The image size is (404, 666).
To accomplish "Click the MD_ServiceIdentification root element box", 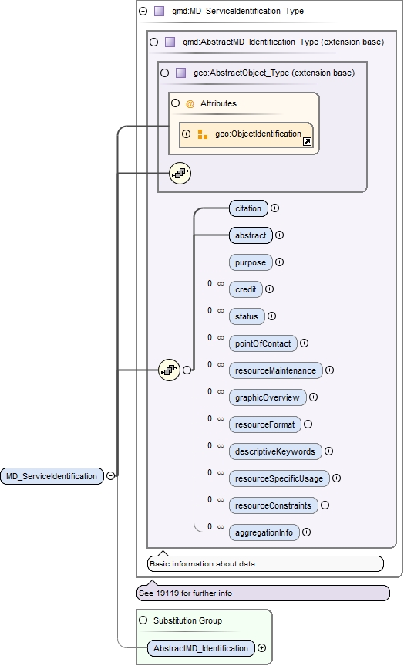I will click(52, 476).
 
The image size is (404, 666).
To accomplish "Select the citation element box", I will click(248, 208).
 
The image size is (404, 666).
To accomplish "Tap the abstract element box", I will click(251, 235).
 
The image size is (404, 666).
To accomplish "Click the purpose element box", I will click(251, 262).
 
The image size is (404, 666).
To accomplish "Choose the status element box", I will click(247, 316).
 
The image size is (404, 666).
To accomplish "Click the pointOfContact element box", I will click(262, 343).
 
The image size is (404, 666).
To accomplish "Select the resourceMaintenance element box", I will click(275, 370).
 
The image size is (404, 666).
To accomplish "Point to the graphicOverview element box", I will click(268, 397).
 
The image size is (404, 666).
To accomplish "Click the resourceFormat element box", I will click(264, 424).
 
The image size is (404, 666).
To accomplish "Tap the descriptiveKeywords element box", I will click(275, 451).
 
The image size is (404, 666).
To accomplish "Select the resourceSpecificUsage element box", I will click(279, 478).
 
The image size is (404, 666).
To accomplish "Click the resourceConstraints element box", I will click(273, 505).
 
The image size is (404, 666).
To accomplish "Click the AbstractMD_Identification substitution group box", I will click(200, 648).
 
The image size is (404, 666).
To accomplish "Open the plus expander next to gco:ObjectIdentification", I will click(186, 134).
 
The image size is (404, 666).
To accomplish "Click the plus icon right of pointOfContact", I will click(304, 343).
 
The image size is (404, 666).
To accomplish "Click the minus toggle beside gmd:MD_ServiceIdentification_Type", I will click(143, 12).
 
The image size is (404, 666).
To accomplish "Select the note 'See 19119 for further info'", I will click(262, 593).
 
